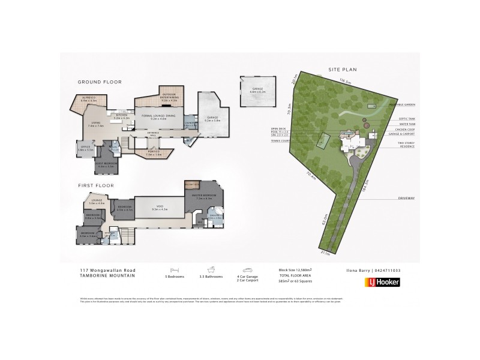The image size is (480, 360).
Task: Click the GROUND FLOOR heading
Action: point(100,82)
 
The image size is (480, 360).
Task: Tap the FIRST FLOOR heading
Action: point(96,185)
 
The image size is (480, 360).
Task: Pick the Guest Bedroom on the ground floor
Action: point(106,163)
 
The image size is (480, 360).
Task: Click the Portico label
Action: point(154,152)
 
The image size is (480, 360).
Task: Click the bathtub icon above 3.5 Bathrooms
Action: point(212,271)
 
